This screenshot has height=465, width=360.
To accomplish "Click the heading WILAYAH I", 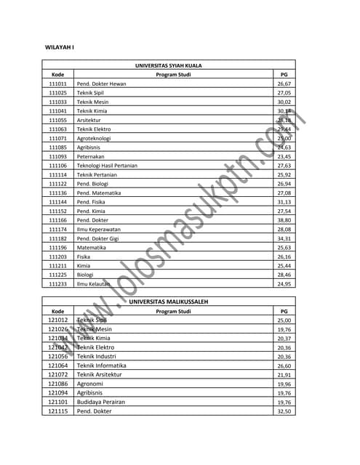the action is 60,48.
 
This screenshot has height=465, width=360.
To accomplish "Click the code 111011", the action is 58,84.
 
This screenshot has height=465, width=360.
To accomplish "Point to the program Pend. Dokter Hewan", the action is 101,84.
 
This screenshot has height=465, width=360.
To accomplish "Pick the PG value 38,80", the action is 284,220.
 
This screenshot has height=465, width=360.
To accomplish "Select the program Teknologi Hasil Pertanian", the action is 107,166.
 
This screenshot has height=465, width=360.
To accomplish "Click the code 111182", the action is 58,238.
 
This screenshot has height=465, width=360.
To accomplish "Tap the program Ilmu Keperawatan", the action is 100,229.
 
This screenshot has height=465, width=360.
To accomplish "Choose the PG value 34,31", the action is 284,238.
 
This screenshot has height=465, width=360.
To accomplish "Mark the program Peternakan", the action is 92,156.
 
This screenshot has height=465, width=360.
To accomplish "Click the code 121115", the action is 58,411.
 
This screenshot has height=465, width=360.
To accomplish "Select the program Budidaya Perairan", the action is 101,402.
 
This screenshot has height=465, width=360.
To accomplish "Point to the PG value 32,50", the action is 284,411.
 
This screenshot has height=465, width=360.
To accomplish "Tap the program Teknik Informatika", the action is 102,365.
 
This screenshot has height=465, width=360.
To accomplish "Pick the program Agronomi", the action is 91,384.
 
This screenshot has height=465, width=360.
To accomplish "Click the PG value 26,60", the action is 284,365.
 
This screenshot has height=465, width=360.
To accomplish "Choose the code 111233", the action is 58,284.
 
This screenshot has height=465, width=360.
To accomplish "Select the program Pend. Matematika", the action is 99,193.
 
